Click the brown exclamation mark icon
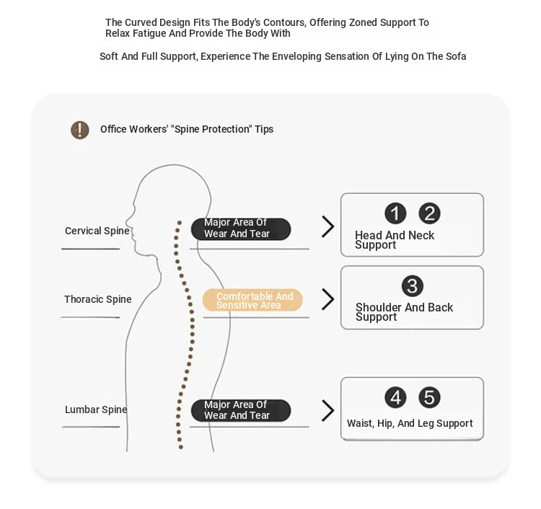(79, 130)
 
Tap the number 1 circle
(395, 213)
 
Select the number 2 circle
(429, 213)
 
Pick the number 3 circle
(413, 286)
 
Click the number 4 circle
(395, 397)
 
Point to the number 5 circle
(429, 397)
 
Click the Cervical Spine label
(97, 231)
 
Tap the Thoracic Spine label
(98, 299)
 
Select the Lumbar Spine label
(96, 410)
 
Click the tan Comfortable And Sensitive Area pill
(252, 300)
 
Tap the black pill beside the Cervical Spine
(241, 229)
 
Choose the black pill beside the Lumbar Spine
(241, 410)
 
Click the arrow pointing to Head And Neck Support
(328, 226)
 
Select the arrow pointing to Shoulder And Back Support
(328, 299)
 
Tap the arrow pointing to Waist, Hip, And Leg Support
(328, 410)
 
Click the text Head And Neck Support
(395, 239)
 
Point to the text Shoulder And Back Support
(404, 311)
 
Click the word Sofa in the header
(456, 56)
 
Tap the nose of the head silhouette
(127, 220)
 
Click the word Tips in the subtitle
(264, 129)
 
